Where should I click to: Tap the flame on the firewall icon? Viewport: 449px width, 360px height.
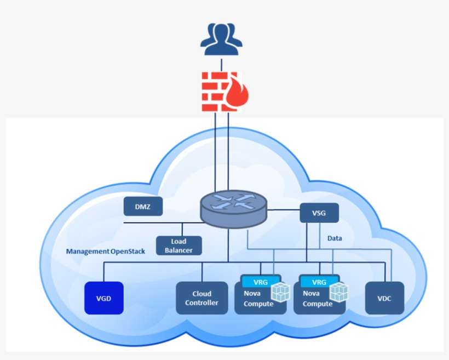click(239, 94)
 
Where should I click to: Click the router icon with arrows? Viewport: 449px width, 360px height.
click(234, 207)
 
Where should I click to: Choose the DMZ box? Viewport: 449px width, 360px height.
click(142, 207)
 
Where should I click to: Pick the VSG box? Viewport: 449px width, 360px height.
click(318, 213)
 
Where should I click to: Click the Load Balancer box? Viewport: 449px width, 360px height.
click(179, 245)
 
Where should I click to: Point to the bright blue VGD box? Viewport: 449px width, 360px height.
click(103, 298)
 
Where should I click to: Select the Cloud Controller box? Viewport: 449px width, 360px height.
click(202, 298)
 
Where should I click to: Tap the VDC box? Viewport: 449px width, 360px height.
click(384, 298)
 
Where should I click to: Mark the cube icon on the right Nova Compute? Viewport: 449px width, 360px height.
click(339, 292)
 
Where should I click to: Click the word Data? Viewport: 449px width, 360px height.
click(335, 238)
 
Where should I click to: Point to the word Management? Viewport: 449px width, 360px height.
click(87, 252)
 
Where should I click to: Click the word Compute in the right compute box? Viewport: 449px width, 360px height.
click(317, 304)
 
